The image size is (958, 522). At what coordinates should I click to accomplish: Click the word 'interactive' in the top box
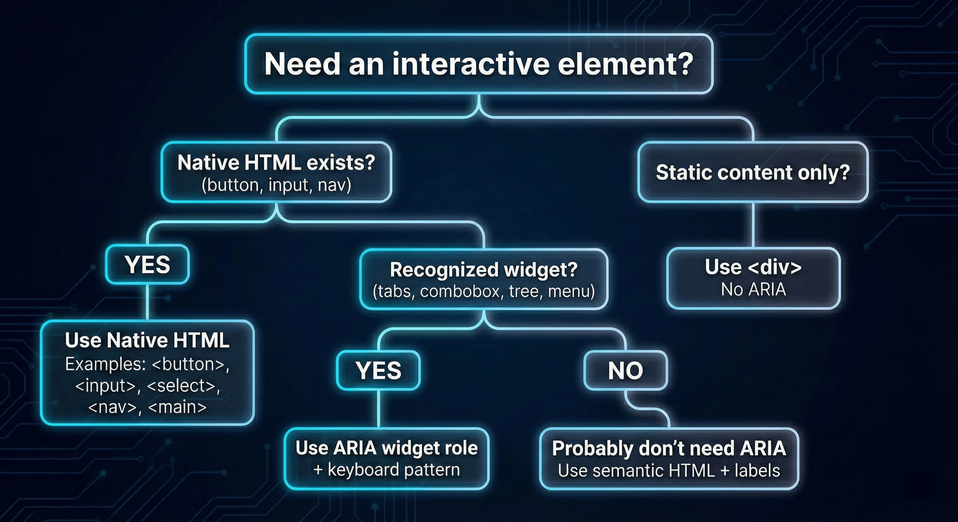[x=470, y=64]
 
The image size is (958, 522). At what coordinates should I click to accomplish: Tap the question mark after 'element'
[x=683, y=64]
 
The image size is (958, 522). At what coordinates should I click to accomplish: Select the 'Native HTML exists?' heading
[x=276, y=163]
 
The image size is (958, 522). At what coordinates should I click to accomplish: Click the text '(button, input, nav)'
[x=276, y=185]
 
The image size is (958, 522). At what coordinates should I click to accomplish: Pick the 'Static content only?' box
[x=753, y=172]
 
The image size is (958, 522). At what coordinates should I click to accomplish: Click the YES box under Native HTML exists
[x=147, y=264]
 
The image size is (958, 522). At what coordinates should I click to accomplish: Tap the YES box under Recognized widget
[x=378, y=370]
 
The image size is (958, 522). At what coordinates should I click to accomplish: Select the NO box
[x=625, y=371]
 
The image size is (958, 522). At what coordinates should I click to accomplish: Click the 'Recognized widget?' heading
[x=483, y=270]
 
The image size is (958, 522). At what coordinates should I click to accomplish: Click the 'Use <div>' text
[x=753, y=267]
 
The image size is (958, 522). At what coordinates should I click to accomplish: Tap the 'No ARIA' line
[x=753, y=290]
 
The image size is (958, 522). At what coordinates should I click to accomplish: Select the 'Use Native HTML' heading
[x=147, y=340]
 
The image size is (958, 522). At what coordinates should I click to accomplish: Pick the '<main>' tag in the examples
[x=177, y=407]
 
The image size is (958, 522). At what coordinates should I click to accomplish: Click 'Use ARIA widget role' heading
[x=386, y=448]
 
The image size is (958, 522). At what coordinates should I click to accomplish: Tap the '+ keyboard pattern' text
[x=386, y=470]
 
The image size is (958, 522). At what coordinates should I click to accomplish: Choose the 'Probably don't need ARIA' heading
[x=669, y=449]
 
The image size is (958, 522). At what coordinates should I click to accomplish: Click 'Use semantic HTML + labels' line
[x=669, y=471]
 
